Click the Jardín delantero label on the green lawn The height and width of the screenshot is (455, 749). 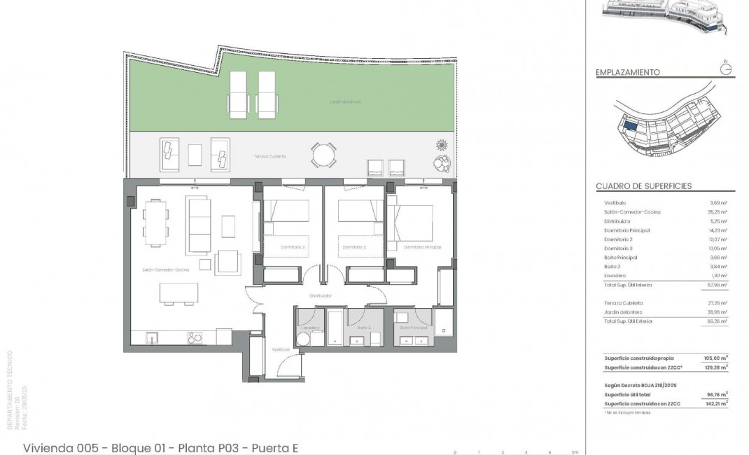(x=346, y=102)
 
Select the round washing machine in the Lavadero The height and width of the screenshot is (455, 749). (x=303, y=339)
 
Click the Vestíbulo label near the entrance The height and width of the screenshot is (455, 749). (x=281, y=349)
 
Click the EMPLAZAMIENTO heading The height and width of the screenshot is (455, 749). (x=627, y=72)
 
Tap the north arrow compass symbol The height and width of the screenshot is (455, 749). (x=726, y=68)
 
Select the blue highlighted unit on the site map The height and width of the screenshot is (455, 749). (x=629, y=126)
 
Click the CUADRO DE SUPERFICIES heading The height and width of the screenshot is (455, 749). (x=643, y=186)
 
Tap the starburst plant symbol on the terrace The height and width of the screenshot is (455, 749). (x=442, y=145)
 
